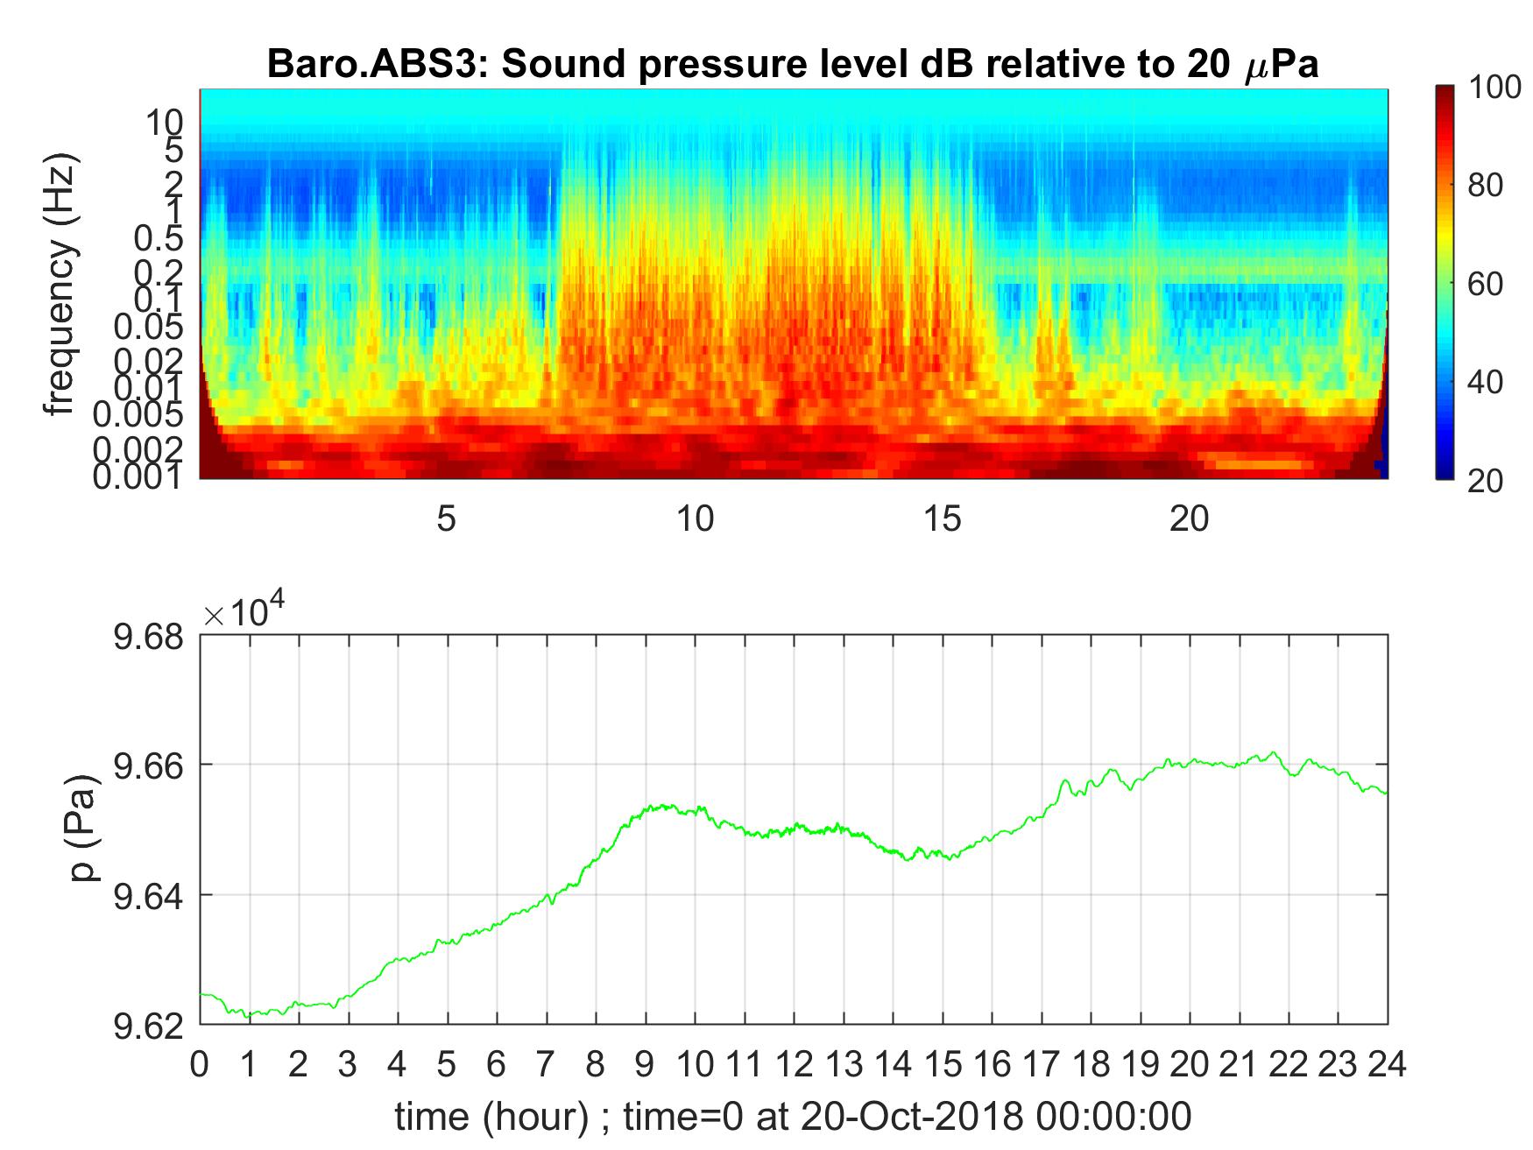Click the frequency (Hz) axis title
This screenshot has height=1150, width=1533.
click(61, 284)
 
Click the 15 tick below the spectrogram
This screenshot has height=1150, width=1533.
click(943, 519)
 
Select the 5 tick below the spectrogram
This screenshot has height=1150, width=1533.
click(447, 519)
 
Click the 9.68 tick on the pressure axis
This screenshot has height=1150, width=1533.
click(149, 636)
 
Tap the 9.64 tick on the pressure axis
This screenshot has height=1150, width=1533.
click(149, 896)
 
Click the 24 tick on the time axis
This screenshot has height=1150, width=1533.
click(1387, 1065)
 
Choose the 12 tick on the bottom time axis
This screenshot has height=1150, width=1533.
click(794, 1065)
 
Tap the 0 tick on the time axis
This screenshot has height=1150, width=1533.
click(201, 1065)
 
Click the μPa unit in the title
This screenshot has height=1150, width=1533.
click(1281, 66)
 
